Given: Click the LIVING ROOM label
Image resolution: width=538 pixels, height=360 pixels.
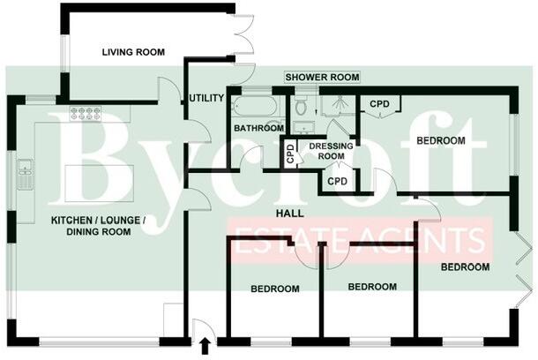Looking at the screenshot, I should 132,52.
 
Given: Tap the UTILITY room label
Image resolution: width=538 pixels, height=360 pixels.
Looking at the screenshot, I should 206,98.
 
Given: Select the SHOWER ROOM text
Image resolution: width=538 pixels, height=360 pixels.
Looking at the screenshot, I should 322,78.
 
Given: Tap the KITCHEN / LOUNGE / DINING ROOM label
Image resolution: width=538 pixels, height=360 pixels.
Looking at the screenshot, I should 91,225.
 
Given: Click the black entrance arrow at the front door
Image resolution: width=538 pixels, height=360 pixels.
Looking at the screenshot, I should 205,345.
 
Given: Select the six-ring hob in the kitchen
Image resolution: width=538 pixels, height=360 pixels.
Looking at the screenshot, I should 87,113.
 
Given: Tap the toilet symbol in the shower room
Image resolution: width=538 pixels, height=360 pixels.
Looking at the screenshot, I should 302,108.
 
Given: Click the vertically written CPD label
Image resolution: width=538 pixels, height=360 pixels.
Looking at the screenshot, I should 290,154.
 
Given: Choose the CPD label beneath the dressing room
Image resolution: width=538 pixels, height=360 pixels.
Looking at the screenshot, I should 337,181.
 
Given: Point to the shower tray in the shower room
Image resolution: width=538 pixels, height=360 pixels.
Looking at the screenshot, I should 335,106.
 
